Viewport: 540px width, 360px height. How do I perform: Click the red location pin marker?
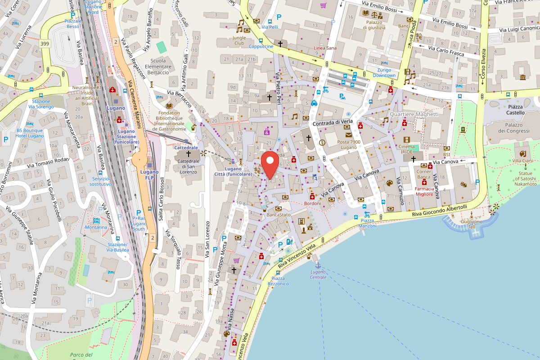[x=270, y=165]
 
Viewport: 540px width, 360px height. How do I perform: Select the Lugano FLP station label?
[x=149, y=175]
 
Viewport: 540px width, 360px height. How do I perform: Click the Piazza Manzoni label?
[x=367, y=223]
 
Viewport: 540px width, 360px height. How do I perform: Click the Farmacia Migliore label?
[x=424, y=191]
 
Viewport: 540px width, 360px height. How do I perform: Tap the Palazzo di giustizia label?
[x=374, y=25]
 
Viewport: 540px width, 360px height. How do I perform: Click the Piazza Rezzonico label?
[x=278, y=281]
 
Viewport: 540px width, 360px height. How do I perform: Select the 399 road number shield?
[x=45, y=44]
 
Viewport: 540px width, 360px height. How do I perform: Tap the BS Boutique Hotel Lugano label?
[x=30, y=133]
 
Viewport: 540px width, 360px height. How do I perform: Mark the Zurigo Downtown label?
[x=383, y=72]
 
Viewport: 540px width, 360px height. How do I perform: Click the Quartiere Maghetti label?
[x=414, y=114]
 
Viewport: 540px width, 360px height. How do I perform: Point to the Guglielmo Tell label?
[x=472, y=224]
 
